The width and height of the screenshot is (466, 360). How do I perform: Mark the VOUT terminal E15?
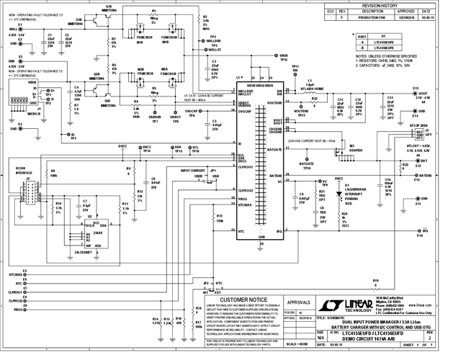(x=416, y=94)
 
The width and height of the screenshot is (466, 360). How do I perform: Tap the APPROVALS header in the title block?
(x=296, y=303)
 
